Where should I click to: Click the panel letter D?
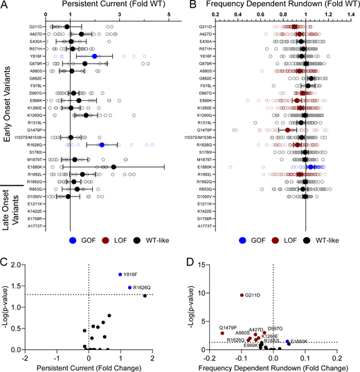click(188, 259)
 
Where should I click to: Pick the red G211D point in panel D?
click(242, 295)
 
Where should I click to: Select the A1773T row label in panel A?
click(37, 226)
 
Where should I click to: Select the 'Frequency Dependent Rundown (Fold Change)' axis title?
click(273, 367)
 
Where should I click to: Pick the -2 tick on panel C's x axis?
click(25, 357)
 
